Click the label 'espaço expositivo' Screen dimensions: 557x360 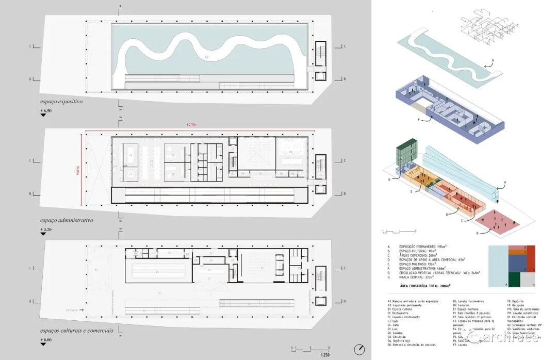tap(61, 102)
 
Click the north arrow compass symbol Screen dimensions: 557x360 tap(359, 349)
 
